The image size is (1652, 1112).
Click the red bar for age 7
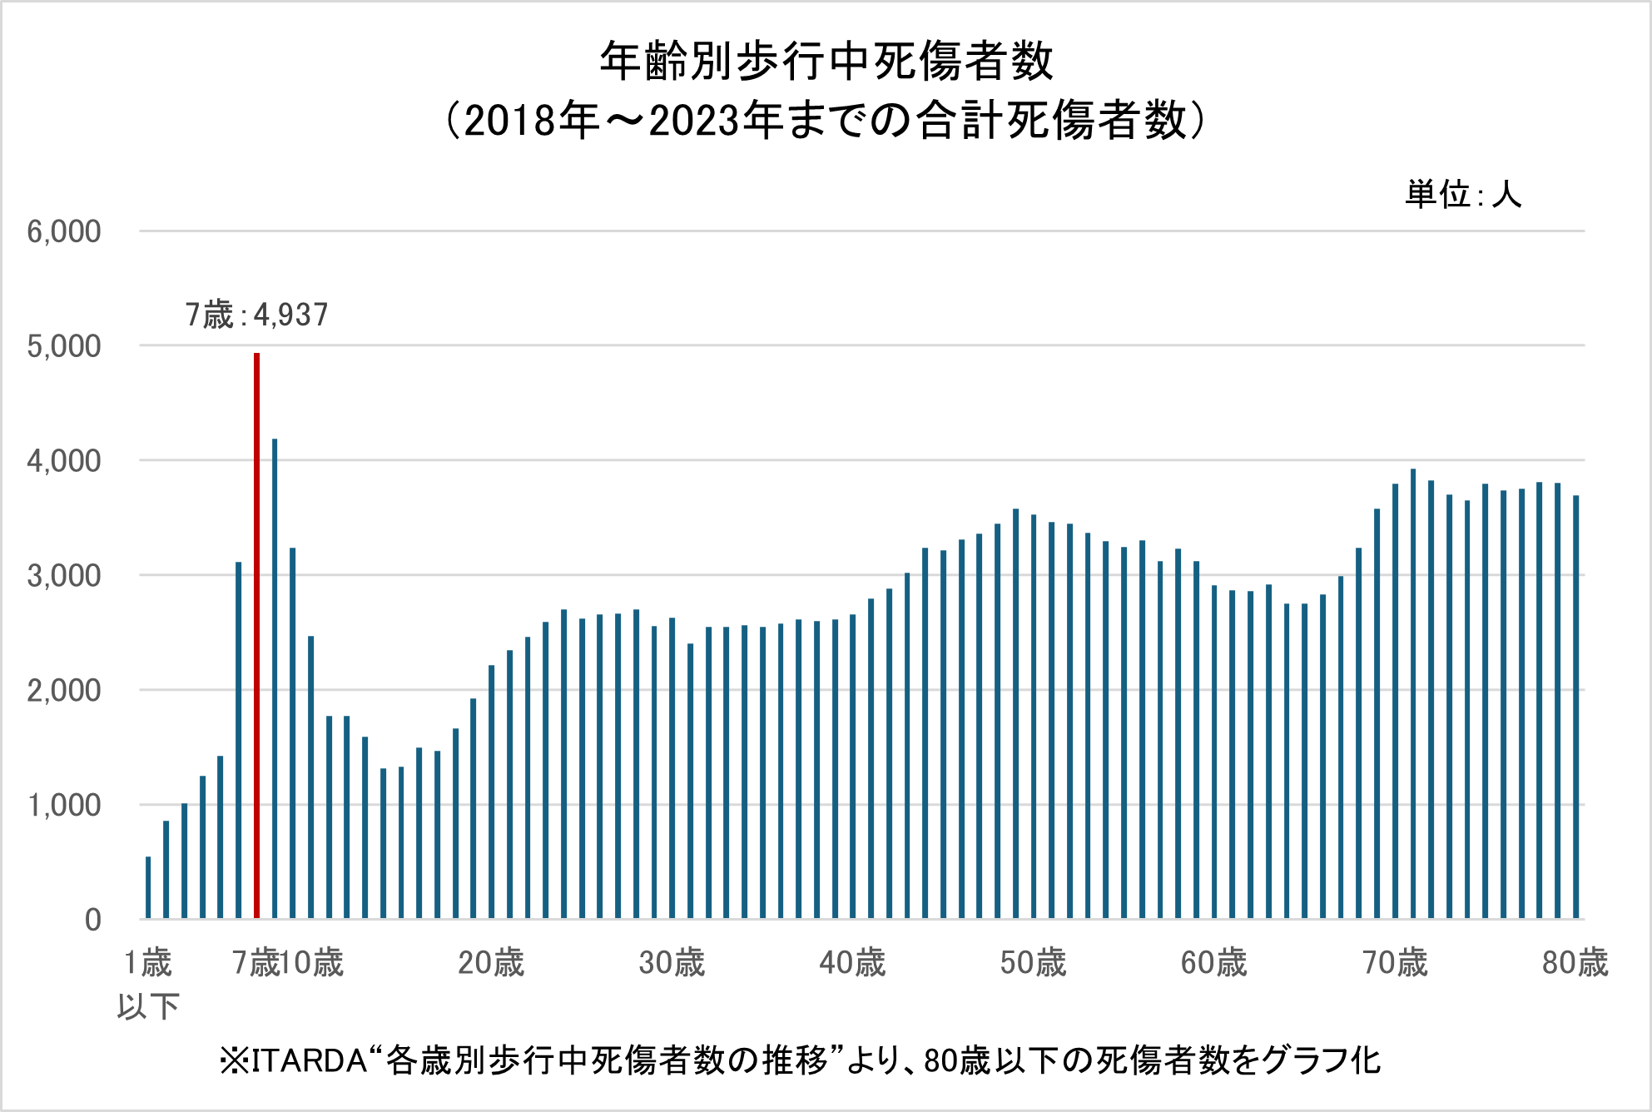257,636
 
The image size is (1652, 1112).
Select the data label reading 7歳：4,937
257,315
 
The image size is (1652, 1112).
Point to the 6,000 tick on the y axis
64,231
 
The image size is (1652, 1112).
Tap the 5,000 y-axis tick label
64,346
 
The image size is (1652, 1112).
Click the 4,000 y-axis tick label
64,461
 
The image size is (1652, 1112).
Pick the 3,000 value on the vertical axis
64,576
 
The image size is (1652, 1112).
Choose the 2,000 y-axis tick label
64,691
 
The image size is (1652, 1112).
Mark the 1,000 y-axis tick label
64,806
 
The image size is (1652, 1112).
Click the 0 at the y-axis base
93,920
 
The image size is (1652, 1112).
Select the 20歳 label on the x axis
491,963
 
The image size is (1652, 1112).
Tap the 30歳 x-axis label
672,963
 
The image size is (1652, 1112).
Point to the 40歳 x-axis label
852,963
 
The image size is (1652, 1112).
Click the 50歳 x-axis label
1033,963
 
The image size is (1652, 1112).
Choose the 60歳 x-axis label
1213,963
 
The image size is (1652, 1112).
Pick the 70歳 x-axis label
1395,963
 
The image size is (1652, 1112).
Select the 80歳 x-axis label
1575,963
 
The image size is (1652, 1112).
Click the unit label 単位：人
1463,195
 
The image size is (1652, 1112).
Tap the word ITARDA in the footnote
310,1061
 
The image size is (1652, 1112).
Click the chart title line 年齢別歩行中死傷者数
826,62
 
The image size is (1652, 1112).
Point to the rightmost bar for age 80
1576,707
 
